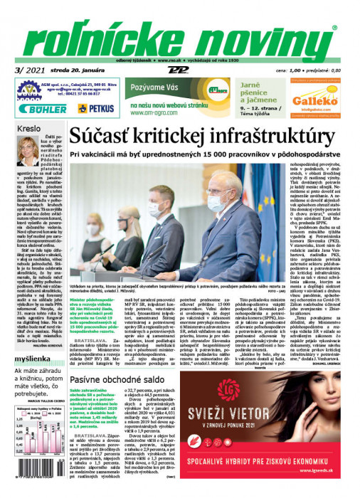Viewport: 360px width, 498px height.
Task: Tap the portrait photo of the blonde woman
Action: click(x=28, y=150)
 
